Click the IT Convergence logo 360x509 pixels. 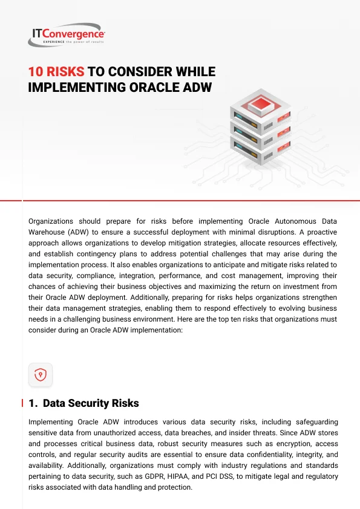[x=67, y=34]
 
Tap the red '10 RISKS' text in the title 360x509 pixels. [x=56, y=72]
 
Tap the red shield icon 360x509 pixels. [x=41, y=375]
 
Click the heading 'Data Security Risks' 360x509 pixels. [x=91, y=403]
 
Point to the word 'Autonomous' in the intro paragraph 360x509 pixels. [x=295, y=221]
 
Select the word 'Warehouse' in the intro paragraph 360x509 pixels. [x=47, y=232]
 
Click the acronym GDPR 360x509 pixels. [x=154, y=476]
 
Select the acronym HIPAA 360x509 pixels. [x=178, y=476]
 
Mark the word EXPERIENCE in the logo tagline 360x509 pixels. [x=54, y=42]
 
